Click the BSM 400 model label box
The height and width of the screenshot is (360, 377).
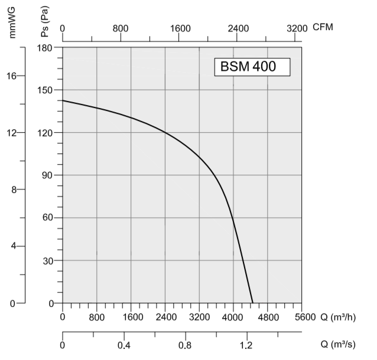click(x=252, y=67)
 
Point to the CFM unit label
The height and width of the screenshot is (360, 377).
click(x=323, y=27)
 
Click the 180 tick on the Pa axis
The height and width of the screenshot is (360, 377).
click(x=46, y=47)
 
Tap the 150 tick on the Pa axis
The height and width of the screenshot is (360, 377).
click(x=46, y=90)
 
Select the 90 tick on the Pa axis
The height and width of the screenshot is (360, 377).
click(x=47, y=175)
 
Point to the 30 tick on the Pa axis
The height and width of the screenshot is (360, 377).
click(x=47, y=260)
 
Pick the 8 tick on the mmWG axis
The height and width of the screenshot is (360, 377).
click(x=17, y=189)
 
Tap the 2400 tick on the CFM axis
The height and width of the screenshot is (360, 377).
click(x=238, y=28)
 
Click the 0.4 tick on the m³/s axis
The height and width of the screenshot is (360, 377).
click(x=123, y=345)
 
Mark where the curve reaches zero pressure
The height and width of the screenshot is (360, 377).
click(x=253, y=303)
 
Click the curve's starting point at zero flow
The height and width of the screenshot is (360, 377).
click(x=63, y=100)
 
